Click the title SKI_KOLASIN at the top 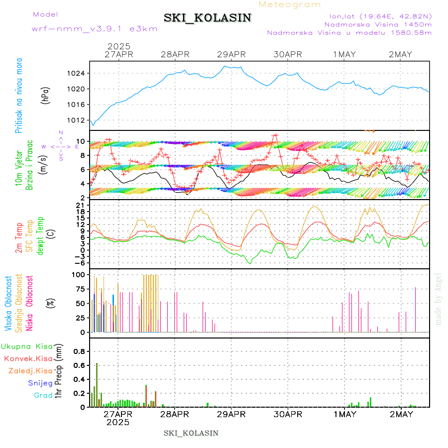[208, 18]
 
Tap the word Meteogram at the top [290, 4]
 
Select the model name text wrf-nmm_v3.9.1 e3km [95, 28]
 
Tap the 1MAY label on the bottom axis [344, 414]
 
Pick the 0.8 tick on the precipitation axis [80, 351]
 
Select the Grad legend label [43, 395]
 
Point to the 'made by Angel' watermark [438, 299]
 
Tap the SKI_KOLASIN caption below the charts [191, 433]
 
